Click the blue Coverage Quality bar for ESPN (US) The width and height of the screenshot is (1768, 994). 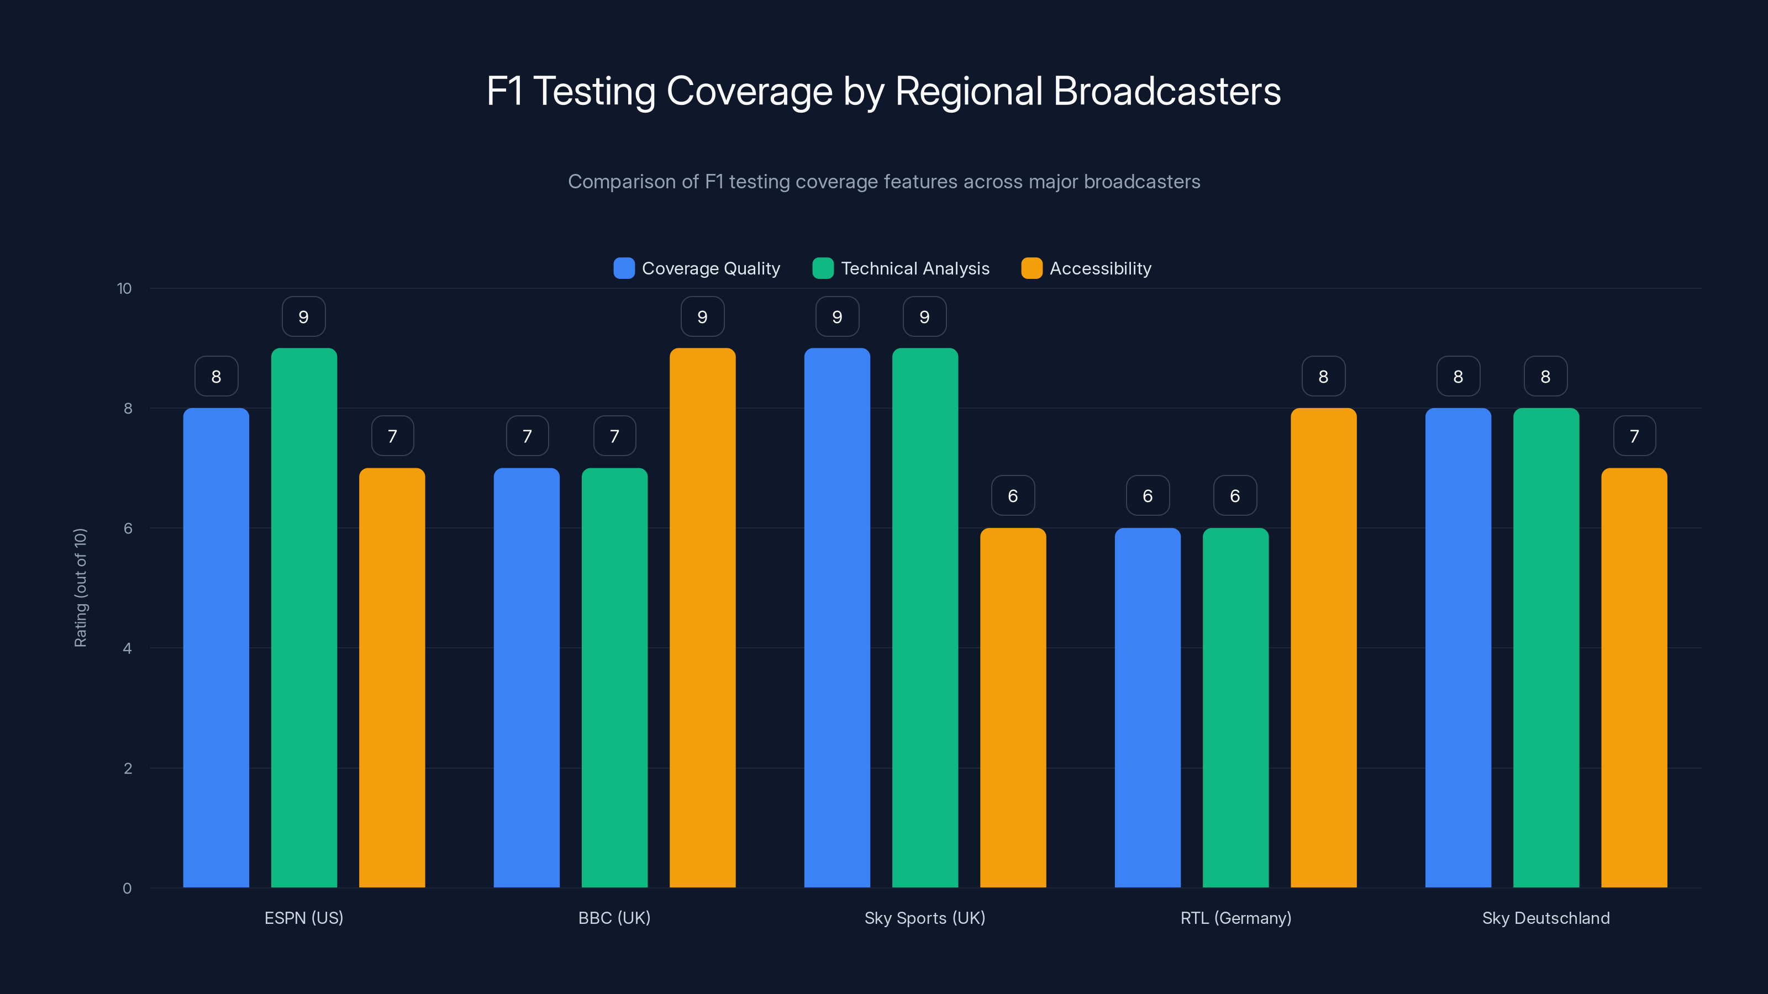coord(216,648)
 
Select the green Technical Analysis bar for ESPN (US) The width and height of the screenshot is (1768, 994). coord(304,617)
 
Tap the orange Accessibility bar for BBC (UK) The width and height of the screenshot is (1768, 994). coord(702,617)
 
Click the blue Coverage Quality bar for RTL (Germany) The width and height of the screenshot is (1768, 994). coord(1147,707)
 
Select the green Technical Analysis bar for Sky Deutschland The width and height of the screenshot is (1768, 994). coord(1546,648)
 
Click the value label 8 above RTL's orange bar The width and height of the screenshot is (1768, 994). coord(1323,376)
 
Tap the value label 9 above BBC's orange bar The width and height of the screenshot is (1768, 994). coord(702,316)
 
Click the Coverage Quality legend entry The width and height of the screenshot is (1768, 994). coord(697,268)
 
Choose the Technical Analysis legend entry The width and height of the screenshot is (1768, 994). coord(901,268)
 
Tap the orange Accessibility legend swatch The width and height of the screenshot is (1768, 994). coord(1032,268)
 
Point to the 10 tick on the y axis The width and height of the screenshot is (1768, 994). coord(124,288)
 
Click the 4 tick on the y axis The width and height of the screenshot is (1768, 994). coord(127,648)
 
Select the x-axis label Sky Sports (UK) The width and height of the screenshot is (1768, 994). coord(924,918)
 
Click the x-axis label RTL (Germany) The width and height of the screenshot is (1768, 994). coord(1235,918)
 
